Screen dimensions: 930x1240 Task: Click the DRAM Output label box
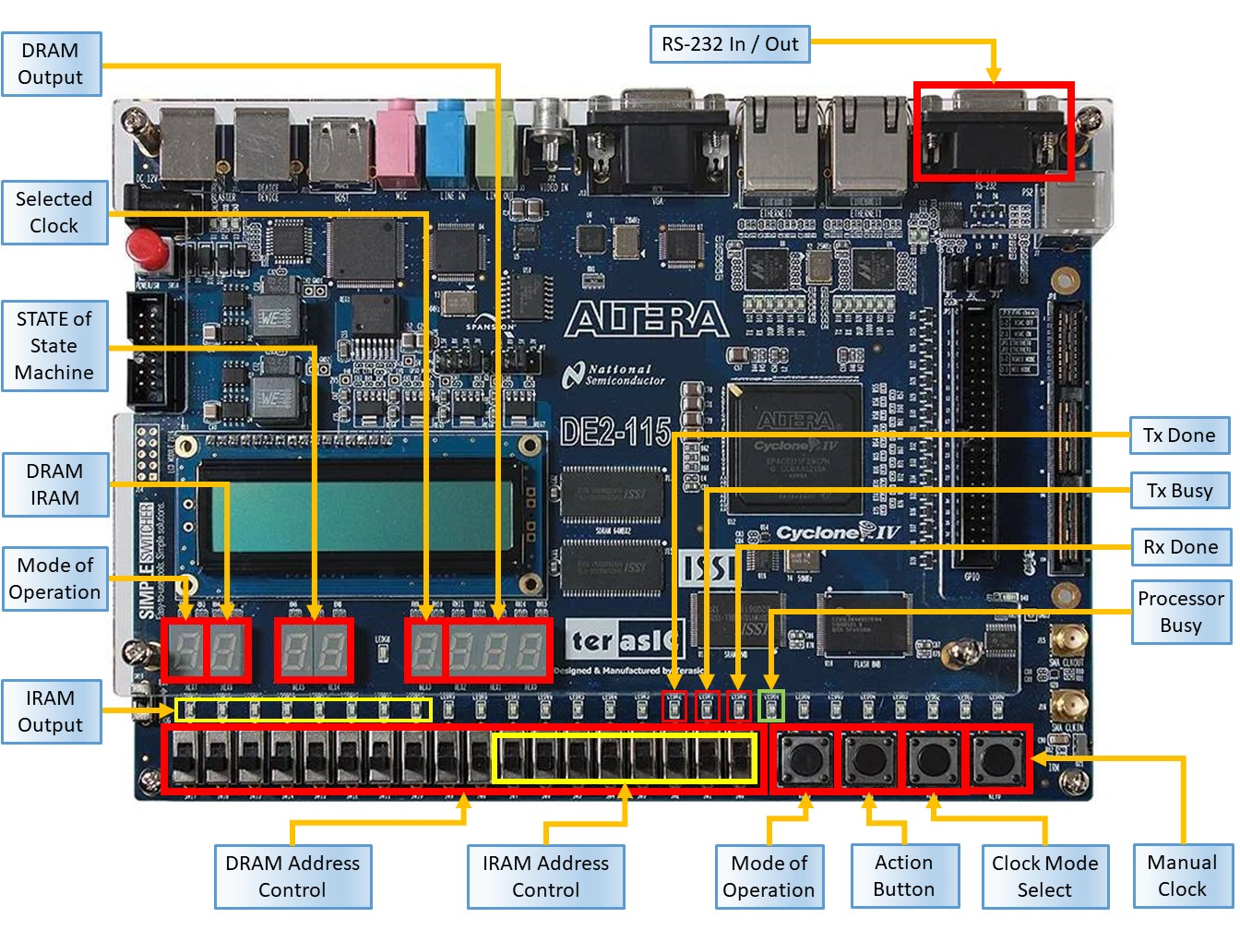click(x=51, y=64)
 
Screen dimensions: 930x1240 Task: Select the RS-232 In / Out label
click(x=730, y=44)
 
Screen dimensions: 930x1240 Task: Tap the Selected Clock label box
click(x=54, y=212)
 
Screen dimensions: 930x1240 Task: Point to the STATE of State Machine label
click(x=54, y=346)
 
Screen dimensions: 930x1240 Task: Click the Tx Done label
click(x=1179, y=435)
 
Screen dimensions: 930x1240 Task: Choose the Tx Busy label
click(x=1179, y=491)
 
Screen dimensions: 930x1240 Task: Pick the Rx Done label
click(x=1180, y=547)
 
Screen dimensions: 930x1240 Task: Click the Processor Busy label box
click(x=1180, y=612)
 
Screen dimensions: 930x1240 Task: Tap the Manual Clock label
click(x=1182, y=876)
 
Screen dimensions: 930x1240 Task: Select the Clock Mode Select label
click(x=1044, y=876)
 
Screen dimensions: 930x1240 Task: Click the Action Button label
click(x=903, y=876)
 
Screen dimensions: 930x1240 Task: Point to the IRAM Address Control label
click(x=545, y=876)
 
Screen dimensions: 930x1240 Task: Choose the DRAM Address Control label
click(x=292, y=876)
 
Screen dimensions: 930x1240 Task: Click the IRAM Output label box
click(x=51, y=711)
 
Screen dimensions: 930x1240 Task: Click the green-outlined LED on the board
click(x=770, y=706)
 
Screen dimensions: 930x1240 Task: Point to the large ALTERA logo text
click(x=646, y=319)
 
